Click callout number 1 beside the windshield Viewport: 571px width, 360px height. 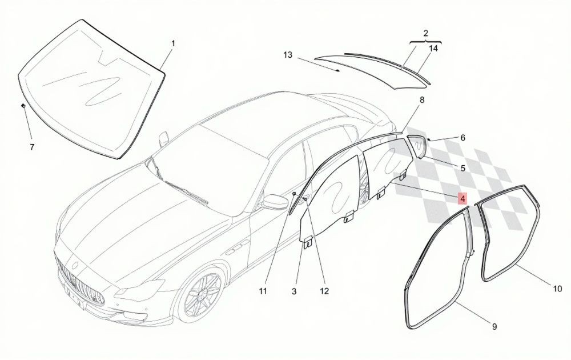pos(174,44)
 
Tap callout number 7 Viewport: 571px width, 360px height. pos(32,147)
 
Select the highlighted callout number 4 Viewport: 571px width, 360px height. pos(462,199)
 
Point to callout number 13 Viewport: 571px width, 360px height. pos(288,55)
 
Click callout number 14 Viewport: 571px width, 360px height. pos(433,48)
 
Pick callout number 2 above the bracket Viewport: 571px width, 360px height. pos(426,34)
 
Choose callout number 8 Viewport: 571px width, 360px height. pos(422,99)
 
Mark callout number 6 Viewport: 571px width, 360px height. pos(463,138)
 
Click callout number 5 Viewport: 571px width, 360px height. pos(463,168)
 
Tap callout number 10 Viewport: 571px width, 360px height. pos(557,289)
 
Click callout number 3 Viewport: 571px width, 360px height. pos(294,291)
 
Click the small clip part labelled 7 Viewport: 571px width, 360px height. pos(23,106)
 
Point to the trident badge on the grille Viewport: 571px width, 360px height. pos(75,265)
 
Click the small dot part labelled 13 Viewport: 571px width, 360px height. pos(338,71)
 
